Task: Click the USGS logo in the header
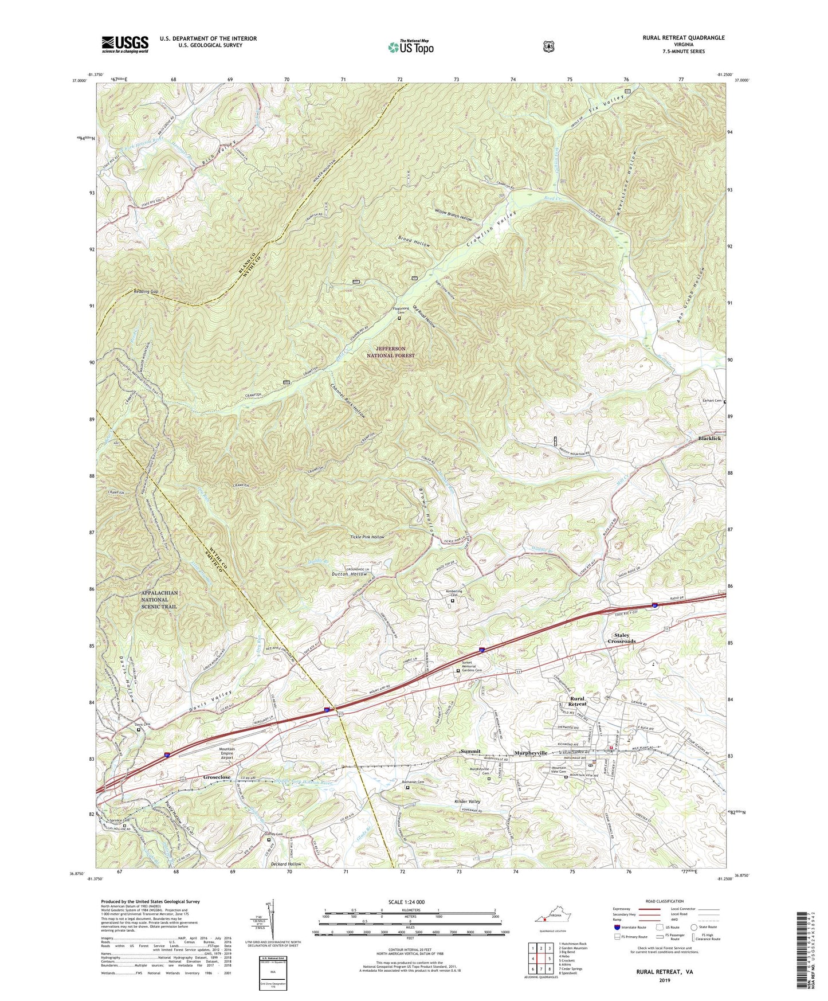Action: (125, 44)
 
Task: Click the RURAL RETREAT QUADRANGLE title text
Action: (675, 38)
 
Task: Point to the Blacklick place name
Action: (709, 439)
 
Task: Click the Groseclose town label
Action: (217, 777)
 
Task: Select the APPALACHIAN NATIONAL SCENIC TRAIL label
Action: (160, 600)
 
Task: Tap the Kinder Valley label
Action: (467, 801)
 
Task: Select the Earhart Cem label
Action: (710, 401)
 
